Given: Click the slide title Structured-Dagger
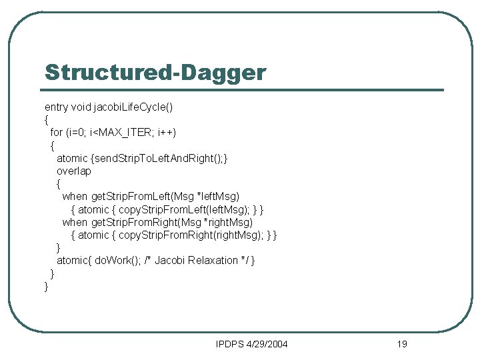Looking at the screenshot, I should (155, 73).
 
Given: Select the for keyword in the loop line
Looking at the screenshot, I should (57, 132).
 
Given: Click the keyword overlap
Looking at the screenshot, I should (74, 171).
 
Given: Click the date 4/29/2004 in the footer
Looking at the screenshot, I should (268, 344).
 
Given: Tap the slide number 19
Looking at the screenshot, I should (401, 344).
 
